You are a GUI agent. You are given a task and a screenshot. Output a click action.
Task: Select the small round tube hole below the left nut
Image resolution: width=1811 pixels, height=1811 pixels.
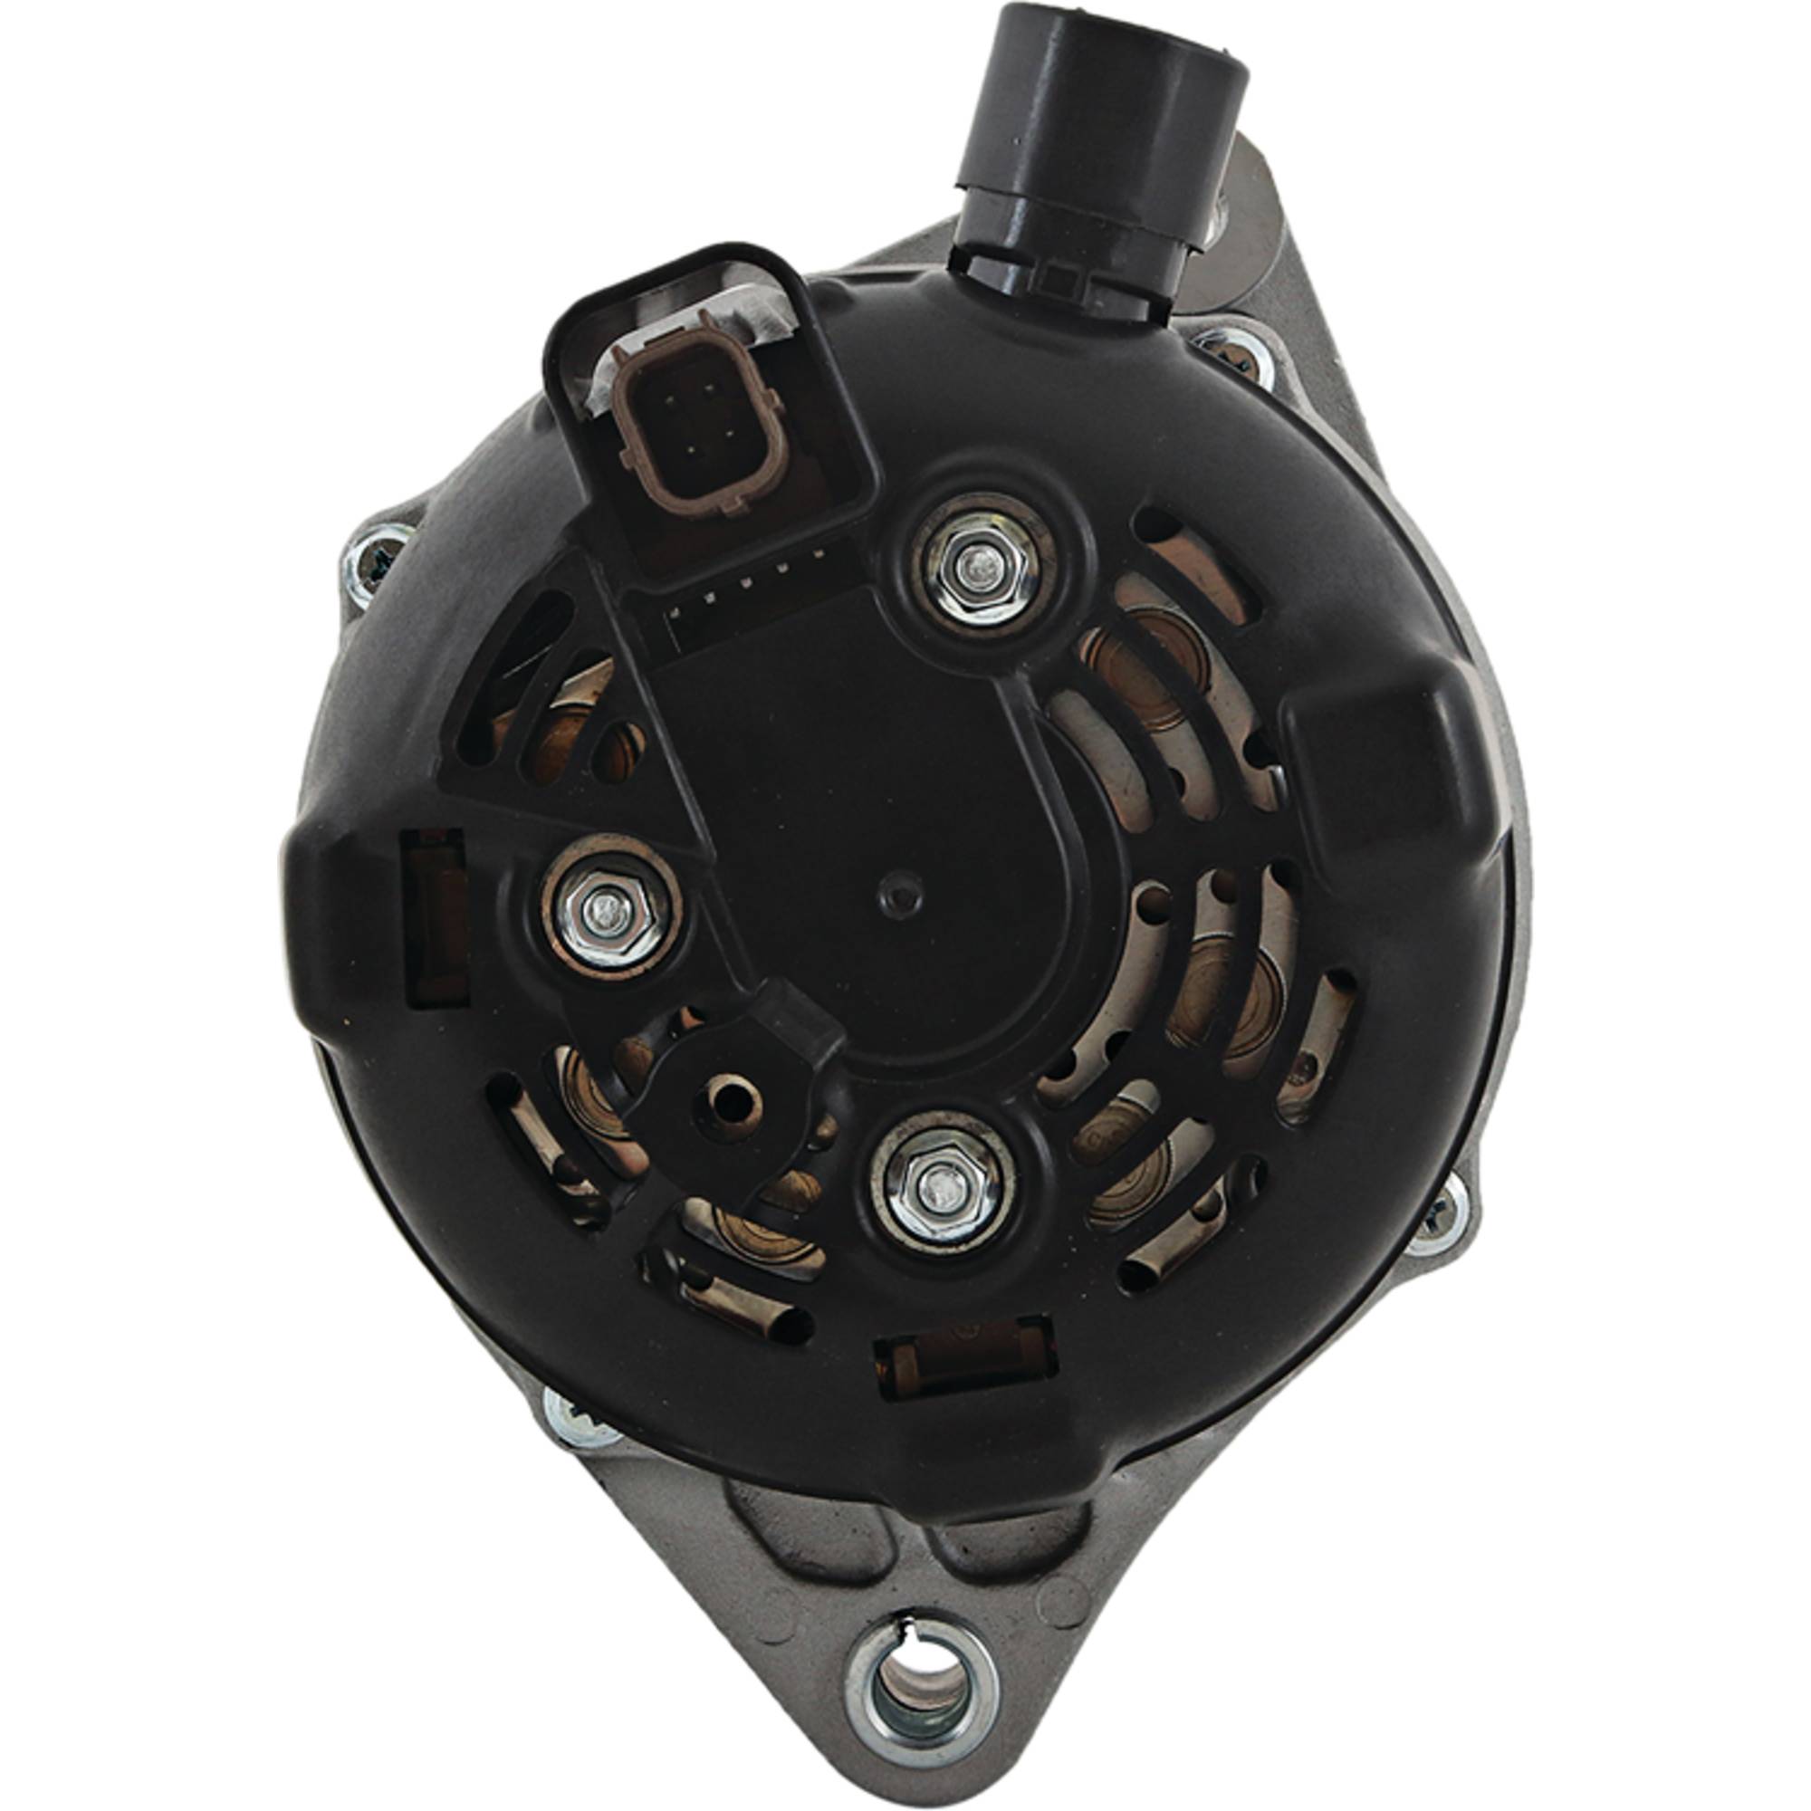click(729, 1104)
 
